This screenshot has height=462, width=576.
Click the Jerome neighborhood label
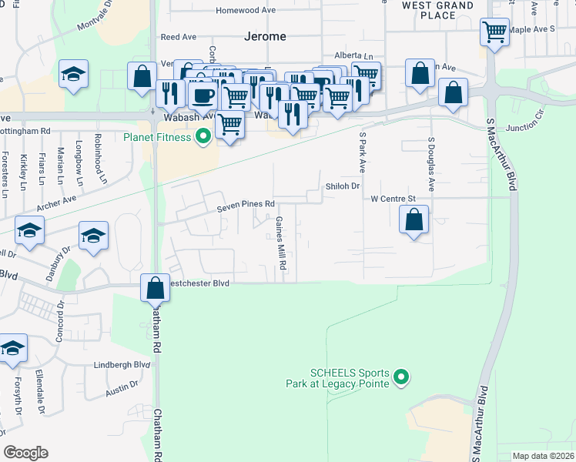(264, 36)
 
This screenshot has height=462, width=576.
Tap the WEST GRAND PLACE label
(438, 10)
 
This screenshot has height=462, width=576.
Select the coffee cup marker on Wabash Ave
(203, 95)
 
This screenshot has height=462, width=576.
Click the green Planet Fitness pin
(203, 138)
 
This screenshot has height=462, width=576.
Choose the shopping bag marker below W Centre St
(414, 219)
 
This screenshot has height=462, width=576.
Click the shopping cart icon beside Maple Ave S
(494, 32)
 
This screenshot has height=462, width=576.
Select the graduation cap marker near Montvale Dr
(74, 75)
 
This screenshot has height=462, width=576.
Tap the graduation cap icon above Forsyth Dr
(13, 348)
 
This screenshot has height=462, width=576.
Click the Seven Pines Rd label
(246, 205)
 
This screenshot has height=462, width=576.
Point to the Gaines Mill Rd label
(283, 243)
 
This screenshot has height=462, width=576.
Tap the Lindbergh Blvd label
(122, 364)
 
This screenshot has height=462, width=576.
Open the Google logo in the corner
(25, 453)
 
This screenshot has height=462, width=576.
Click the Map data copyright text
(544, 456)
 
